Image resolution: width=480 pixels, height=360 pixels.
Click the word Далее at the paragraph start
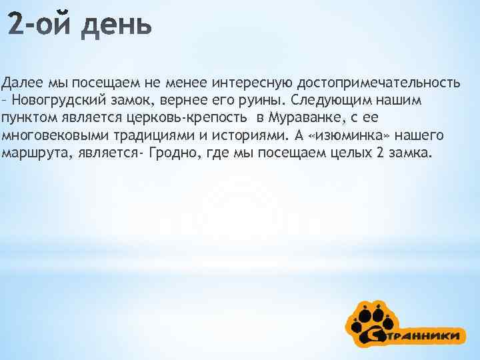pos(22,83)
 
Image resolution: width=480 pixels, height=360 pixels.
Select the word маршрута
pos(27,153)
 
